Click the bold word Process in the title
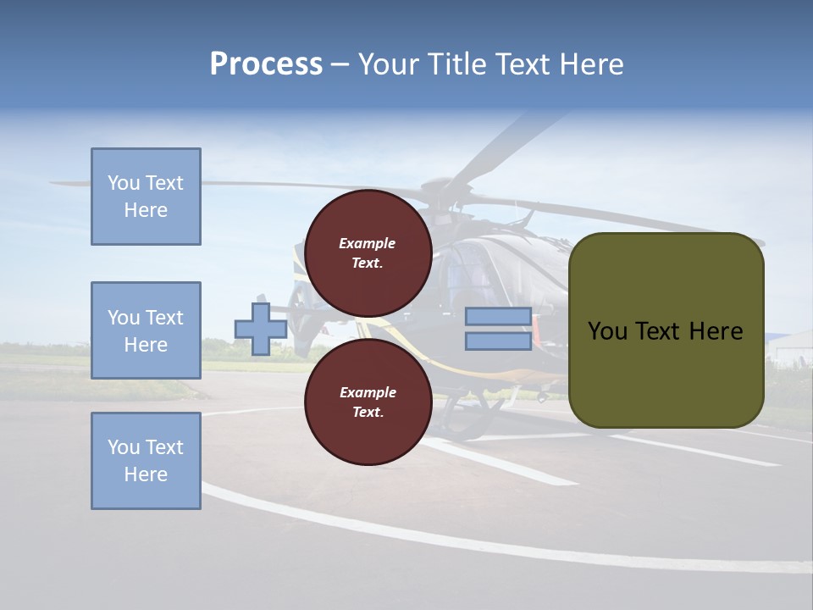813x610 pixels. (x=266, y=64)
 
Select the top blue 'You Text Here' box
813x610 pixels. (x=146, y=197)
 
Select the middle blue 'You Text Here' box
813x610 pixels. (x=146, y=330)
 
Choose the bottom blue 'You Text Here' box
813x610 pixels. (x=146, y=461)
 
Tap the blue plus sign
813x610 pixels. (x=260, y=329)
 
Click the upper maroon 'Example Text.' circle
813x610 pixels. (x=368, y=252)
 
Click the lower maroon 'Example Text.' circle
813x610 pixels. (x=368, y=402)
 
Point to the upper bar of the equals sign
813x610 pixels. (x=498, y=317)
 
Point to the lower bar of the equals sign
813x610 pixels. (x=498, y=341)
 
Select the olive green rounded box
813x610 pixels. (x=666, y=373)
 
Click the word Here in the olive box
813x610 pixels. (x=716, y=331)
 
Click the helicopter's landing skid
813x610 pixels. (x=474, y=415)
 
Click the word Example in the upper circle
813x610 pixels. (x=368, y=243)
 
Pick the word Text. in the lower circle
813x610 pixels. (x=368, y=412)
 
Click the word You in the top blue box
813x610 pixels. (x=123, y=183)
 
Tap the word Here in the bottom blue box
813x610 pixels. (x=146, y=474)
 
